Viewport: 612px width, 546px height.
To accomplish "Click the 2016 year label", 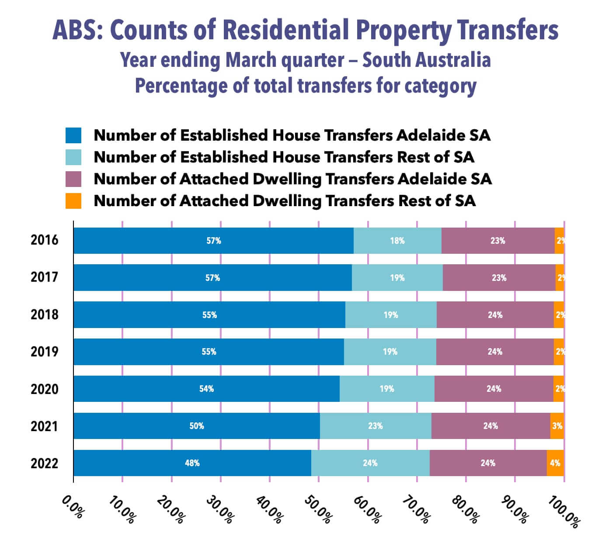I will (44, 240).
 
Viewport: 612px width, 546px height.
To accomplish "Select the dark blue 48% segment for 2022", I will (192, 463).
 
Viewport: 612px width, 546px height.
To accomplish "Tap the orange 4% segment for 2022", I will (555, 463).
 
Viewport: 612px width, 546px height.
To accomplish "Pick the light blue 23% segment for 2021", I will (376, 426).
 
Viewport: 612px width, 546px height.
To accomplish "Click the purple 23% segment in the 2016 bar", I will (498, 241).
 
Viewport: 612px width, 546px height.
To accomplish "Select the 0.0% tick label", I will (73, 507).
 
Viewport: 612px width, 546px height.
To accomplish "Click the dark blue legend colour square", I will (73, 135).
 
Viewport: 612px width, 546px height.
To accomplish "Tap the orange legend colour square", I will (73, 201).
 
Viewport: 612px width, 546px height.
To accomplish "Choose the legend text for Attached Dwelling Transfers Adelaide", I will (292, 179).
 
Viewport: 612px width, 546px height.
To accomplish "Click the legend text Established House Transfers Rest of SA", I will (284, 157).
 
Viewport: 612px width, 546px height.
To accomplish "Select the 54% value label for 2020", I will (206, 389).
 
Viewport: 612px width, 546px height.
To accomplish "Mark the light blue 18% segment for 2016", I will (397, 241).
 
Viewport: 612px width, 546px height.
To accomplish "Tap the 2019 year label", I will (44, 352).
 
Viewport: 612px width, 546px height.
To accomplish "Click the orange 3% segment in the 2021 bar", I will (557, 426).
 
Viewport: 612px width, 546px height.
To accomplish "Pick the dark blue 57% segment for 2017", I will (212, 278).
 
